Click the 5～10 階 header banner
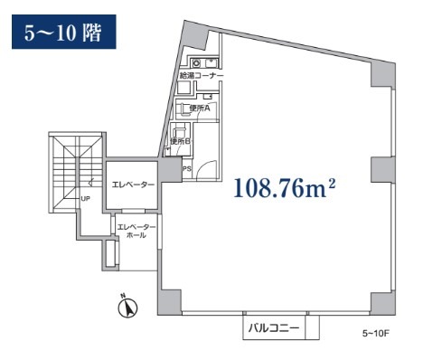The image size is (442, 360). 64,32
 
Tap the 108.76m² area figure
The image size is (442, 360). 285,188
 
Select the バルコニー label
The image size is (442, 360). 274,328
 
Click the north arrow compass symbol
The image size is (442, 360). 127,308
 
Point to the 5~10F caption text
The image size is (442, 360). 376,334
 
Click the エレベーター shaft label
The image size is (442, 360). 133,185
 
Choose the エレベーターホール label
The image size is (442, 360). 136,231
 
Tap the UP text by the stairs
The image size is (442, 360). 85,199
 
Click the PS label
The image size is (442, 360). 187,169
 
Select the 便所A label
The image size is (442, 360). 200,109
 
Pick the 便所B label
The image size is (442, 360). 180,141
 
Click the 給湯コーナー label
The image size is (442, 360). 202,75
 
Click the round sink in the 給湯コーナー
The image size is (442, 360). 197,63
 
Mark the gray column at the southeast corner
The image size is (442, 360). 382,303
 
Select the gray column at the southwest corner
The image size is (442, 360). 169,302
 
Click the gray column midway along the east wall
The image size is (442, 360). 382,170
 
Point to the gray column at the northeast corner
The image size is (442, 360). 383,74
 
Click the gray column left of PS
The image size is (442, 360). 170,169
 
